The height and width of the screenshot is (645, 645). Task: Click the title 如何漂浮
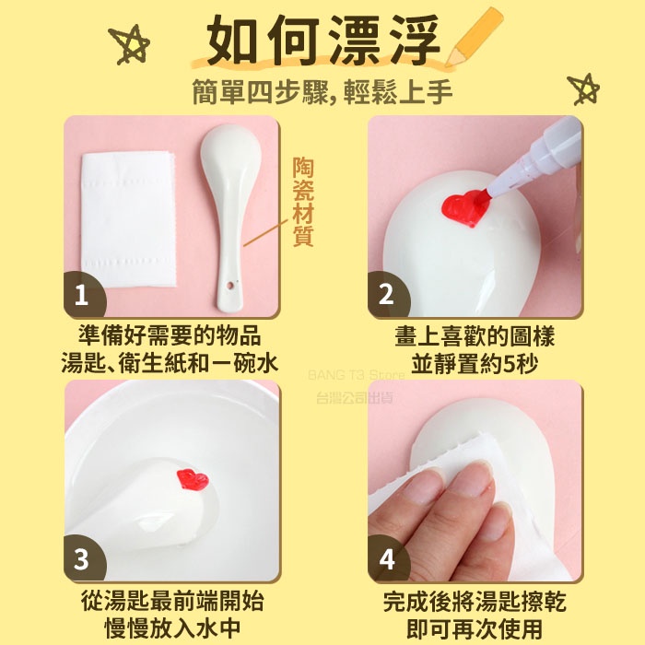coord(322,41)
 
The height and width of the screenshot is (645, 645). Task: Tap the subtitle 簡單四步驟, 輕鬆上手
coord(322,92)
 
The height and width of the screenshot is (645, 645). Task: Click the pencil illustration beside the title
coord(474,37)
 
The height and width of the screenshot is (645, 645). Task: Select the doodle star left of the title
coord(129,45)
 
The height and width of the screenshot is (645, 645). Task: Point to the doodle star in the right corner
coord(583,89)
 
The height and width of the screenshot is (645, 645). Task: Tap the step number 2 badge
coord(388,294)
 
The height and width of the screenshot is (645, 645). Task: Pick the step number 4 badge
coord(388,558)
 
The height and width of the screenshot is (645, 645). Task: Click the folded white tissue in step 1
coord(129,219)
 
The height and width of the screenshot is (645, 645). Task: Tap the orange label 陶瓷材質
coord(303,202)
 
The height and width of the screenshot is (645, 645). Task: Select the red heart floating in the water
coord(193,480)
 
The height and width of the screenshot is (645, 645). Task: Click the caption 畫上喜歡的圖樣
coord(475,336)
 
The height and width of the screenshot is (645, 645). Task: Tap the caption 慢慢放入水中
coord(173,628)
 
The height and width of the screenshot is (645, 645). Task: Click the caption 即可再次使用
coord(475,628)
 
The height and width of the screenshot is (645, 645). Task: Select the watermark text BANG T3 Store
coord(357,375)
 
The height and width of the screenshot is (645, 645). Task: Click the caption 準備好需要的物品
coord(170,336)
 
